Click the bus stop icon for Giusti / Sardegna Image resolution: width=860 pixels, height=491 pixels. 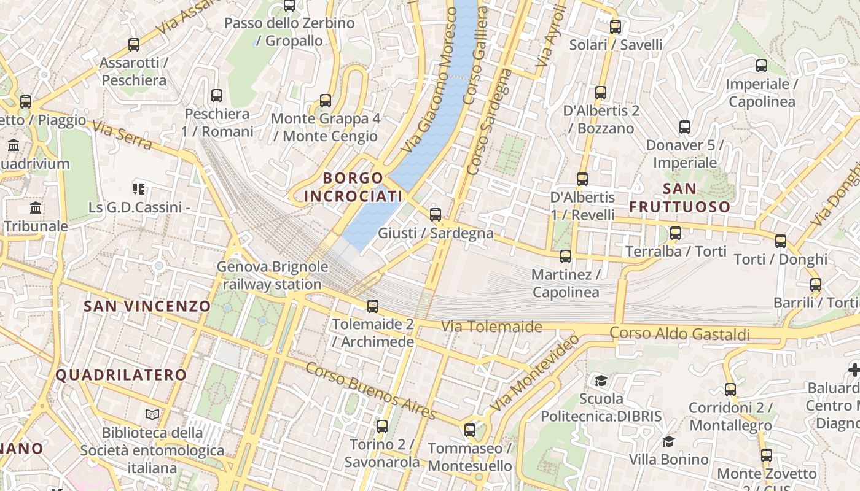(x=436, y=215)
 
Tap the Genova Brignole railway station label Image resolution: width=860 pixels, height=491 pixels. (x=272, y=276)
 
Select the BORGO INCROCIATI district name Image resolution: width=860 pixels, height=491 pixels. (x=353, y=187)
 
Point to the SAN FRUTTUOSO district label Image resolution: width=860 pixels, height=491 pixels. (x=680, y=198)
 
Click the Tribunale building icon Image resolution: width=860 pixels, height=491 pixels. (x=36, y=208)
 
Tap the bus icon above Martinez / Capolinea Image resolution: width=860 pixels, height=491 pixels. (x=566, y=257)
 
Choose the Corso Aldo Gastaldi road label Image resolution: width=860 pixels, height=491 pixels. (x=679, y=334)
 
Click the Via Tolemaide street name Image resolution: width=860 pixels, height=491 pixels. (x=491, y=327)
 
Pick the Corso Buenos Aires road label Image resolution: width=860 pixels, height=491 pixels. (x=370, y=390)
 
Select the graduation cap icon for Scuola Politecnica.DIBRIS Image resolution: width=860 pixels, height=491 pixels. (x=601, y=381)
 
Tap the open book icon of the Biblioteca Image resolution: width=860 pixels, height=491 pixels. (x=152, y=415)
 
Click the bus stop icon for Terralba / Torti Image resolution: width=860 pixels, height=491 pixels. (x=676, y=233)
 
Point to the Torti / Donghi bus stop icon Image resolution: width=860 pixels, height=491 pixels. (x=781, y=241)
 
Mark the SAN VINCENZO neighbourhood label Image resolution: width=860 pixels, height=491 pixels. (x=147, y=306)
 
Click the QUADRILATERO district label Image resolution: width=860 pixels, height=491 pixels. (x=121, y=375)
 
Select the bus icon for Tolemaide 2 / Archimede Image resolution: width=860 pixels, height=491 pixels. (x=373, y=306)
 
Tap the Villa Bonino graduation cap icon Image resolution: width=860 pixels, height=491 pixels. (x=668, y=441)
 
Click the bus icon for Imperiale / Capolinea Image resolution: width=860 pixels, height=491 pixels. (x=762, y=66)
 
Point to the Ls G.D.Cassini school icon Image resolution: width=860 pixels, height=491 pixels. (x=139, y=189)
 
